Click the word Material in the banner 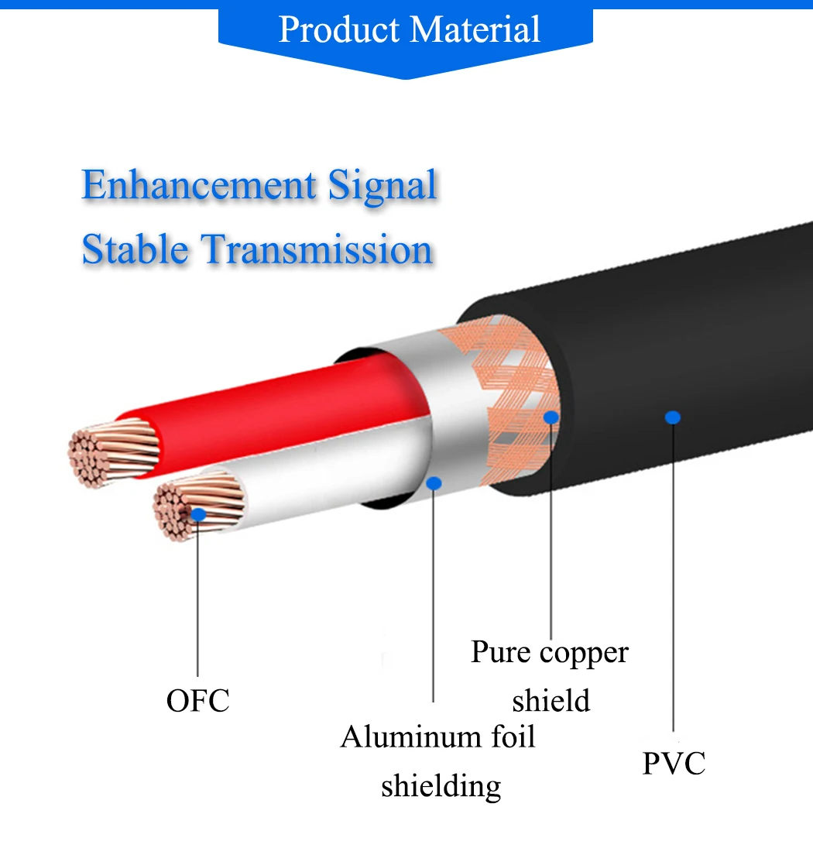475,29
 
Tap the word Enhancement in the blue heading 199,186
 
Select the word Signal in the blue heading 382,186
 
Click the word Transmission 317,249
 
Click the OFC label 198,701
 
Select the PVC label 674,763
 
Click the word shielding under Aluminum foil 441,785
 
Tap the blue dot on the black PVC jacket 673,417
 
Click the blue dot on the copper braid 551,417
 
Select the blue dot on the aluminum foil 434,483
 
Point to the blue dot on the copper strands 198,513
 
